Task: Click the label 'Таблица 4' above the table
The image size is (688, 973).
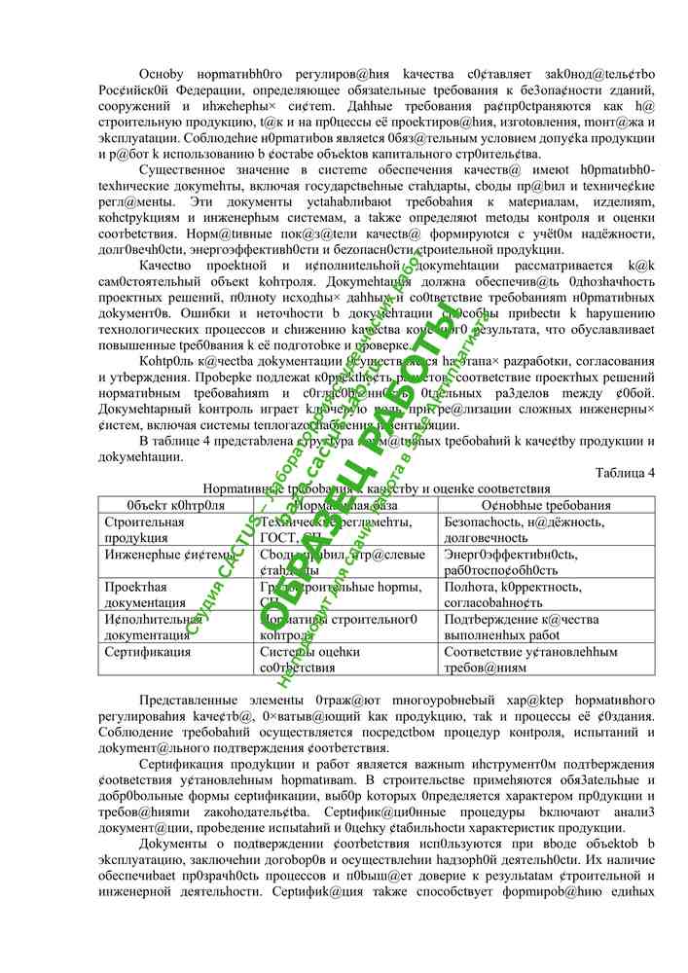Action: (625, 473)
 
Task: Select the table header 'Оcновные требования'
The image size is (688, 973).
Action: (546, 506)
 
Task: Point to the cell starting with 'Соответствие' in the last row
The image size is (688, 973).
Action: (546, 659)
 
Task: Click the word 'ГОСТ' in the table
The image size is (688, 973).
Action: (279, 537)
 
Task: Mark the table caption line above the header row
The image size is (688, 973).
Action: (376, 488)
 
